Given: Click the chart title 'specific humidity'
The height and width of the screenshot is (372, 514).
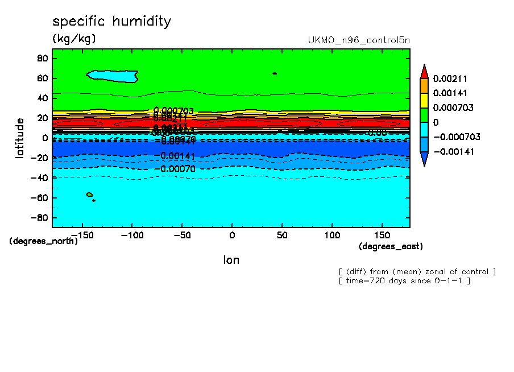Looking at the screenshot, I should pyautogui.click(x=111, y=22).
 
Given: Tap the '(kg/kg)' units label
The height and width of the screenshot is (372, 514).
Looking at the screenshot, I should pyautogui.click(x=74, y=39).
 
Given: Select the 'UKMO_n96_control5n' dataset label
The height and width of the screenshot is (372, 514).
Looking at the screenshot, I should pyautogui.click(x=358, y=40).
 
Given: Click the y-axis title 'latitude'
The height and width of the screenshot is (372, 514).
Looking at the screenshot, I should pyautogui.click(x=20, y=138).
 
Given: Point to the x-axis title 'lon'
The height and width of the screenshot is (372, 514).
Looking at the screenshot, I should pyautogui.click(x=231, y=260).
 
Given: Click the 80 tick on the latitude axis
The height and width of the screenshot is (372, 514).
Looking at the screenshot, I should pyautogui.click(x=42, y=58).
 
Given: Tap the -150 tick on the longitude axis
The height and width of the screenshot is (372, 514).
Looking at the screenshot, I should pyautogui.click(x=83, y=234).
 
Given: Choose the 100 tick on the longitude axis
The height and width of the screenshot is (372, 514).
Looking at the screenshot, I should pyautogui.click(x=332, y=234).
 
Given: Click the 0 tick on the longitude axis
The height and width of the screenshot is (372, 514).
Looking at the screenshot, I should pyautogui.click(x=232, y=234).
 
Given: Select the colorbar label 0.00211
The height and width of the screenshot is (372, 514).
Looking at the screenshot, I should pyautogui.click(x=450, y=78).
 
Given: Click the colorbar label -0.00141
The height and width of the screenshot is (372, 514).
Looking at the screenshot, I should pyautogui.click(x=453, y=151).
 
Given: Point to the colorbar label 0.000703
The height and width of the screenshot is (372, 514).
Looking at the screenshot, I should pyautogui.click(x=453, y=108).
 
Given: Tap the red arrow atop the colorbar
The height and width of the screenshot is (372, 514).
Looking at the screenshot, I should pyautogui.click(x=424, y=71).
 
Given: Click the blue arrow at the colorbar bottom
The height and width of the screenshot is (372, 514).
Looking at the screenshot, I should pyautogui.click(x=424, y=159).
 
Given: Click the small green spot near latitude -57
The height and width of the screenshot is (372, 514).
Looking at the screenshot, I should pyautogui.click(x=89, y=195).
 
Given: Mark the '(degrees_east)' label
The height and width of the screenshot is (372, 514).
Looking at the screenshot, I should pyautogui.click(x=391, y=246).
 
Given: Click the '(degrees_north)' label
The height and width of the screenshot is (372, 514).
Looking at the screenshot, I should pyautogui.click(x=44, y=241).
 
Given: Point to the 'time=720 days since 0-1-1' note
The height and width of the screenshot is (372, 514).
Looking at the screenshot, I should pyautogui.click(x=404, y=281).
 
